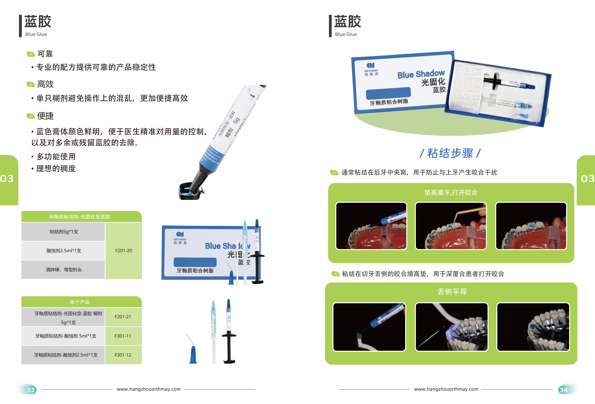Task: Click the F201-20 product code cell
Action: [x=124, y=250]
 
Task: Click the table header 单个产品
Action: [x=80, y=302]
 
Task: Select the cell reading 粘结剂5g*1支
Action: [x=64, y=232]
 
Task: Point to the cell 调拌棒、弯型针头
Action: [x=64, y=269]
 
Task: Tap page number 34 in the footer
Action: [x=563, y=390]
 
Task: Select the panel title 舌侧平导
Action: [x=452, y=292]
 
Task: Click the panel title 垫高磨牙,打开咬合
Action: [x=451, y=192]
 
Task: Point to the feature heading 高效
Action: [x=45, y=84]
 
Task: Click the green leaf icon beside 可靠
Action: [x=30, y=54]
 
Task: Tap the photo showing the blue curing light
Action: [x=451, y=327]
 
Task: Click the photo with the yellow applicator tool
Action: [x=451, y=226]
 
